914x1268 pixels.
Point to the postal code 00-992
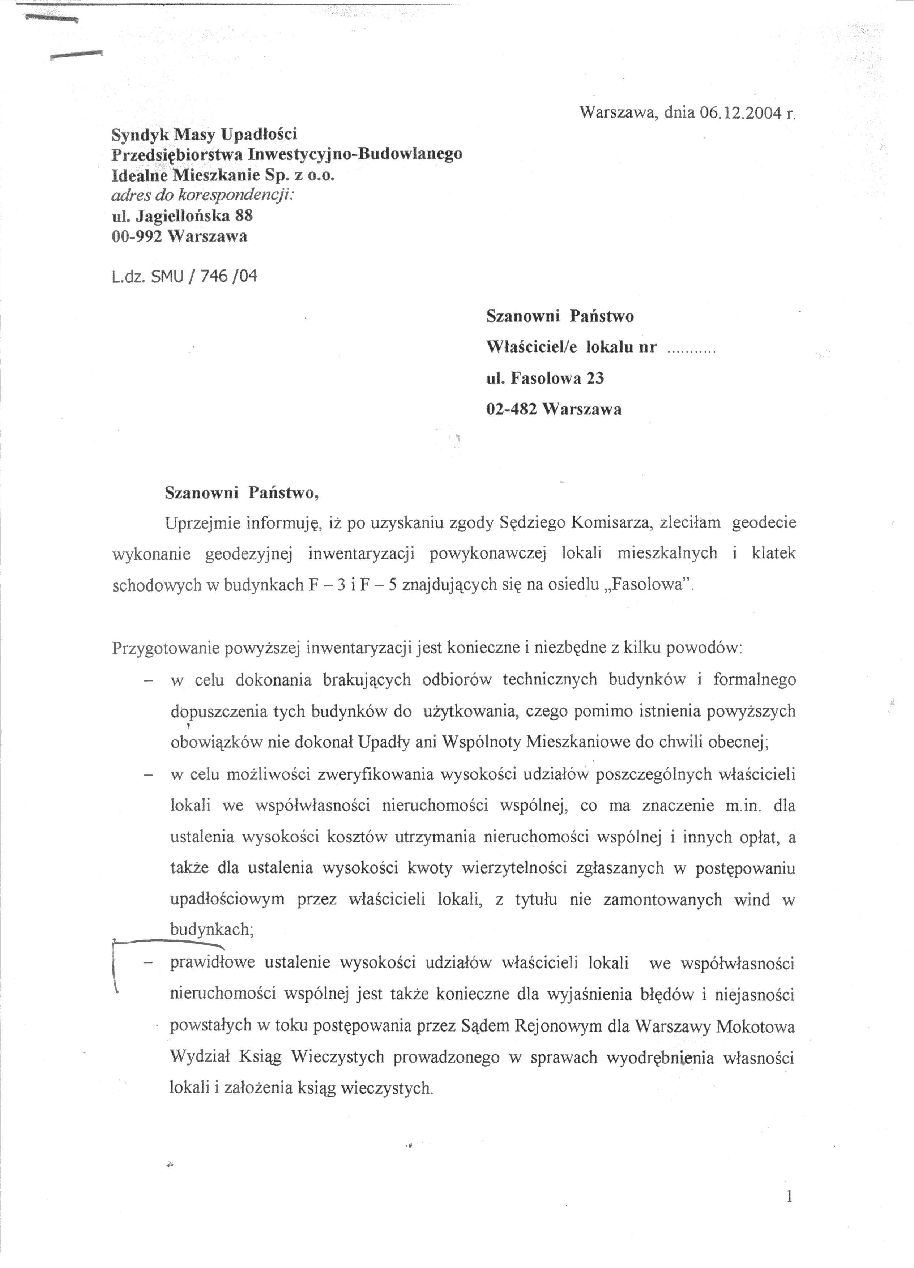[137, 236]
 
